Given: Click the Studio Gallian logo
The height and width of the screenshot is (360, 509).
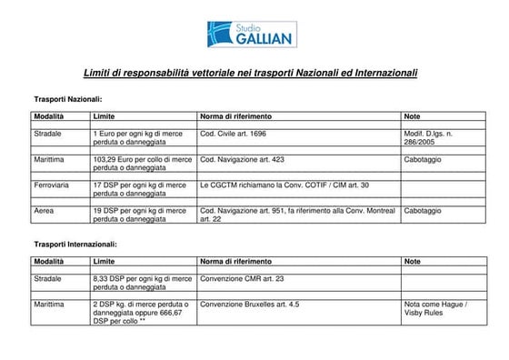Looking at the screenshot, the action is [254, 34].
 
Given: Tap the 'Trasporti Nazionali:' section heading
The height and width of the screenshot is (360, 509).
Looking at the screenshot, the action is [68, 97].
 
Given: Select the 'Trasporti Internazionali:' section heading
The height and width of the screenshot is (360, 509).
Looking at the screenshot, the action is [75, 245].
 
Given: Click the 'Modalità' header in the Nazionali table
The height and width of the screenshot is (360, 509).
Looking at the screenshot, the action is [49, 117].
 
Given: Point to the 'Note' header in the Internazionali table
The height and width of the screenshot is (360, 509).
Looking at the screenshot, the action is [413, 262].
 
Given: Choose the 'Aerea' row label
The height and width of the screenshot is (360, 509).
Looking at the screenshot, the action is [44, 211].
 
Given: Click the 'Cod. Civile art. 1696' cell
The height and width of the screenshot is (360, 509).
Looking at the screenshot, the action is [233, 134].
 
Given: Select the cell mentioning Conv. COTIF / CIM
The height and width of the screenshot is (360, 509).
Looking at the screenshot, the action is [284, 185].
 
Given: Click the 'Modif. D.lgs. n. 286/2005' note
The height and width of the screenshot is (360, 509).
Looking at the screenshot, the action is [427, 138].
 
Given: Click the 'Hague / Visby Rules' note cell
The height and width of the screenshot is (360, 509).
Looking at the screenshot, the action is [435, 308].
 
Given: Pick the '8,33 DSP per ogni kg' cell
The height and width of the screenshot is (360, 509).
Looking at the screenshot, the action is [142, 283].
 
